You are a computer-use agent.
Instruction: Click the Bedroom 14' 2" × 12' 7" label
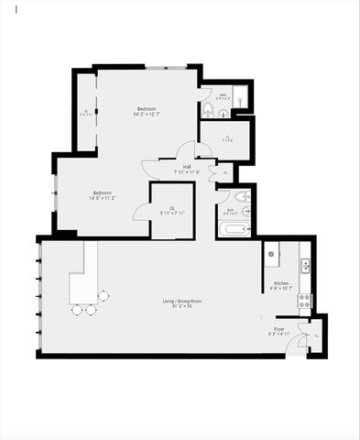[147, 112]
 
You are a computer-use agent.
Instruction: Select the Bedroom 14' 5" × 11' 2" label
[102, 195]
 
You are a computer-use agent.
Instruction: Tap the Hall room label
[187, 169]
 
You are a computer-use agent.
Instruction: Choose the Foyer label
[278, 331]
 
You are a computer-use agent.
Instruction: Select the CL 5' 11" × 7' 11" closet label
[173, 211]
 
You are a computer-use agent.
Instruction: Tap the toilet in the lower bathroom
[241, 197]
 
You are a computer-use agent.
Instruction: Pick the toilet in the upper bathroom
[208, 112]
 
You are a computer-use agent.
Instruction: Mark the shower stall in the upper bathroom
[238, 98]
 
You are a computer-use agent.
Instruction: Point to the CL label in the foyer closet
[316, 335]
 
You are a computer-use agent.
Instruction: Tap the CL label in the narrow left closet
[86, 114]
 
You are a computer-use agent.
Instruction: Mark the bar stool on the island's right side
[104, 296]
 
